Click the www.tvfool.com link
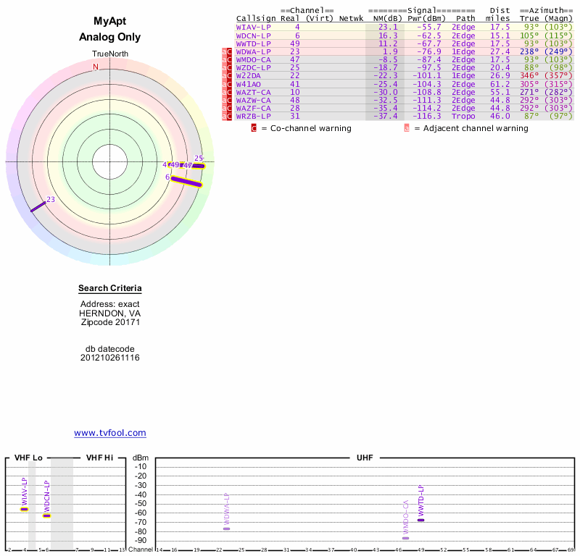[109, 433]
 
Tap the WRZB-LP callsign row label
[253, 116]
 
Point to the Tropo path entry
[463, 116]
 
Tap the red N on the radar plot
[95, 67]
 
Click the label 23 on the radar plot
[51, 199]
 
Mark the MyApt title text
[109, 22]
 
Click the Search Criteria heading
[109, 289]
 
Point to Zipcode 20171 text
[109, 322]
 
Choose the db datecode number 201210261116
[109, 358]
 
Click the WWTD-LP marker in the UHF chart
[420, 520]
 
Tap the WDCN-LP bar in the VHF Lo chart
[46, 515]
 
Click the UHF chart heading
[363, 458]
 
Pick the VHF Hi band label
[99, 458]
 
